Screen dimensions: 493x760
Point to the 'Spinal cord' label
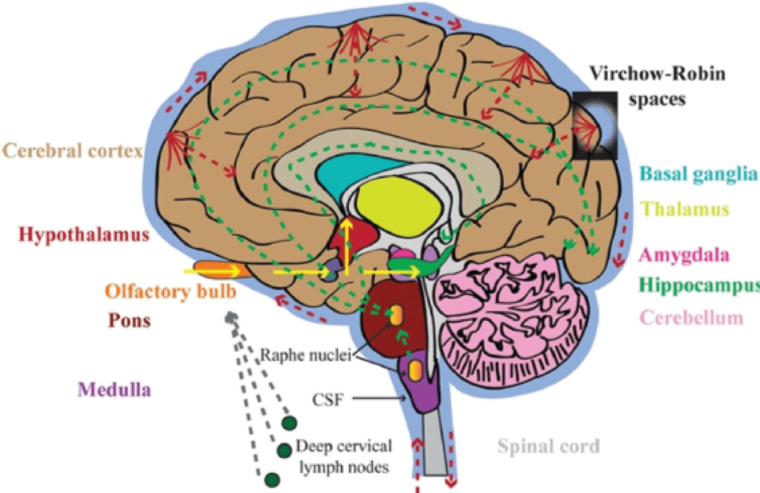pos(548,446)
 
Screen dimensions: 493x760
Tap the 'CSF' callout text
pos(327,400)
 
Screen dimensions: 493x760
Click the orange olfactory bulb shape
pos(220,270)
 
